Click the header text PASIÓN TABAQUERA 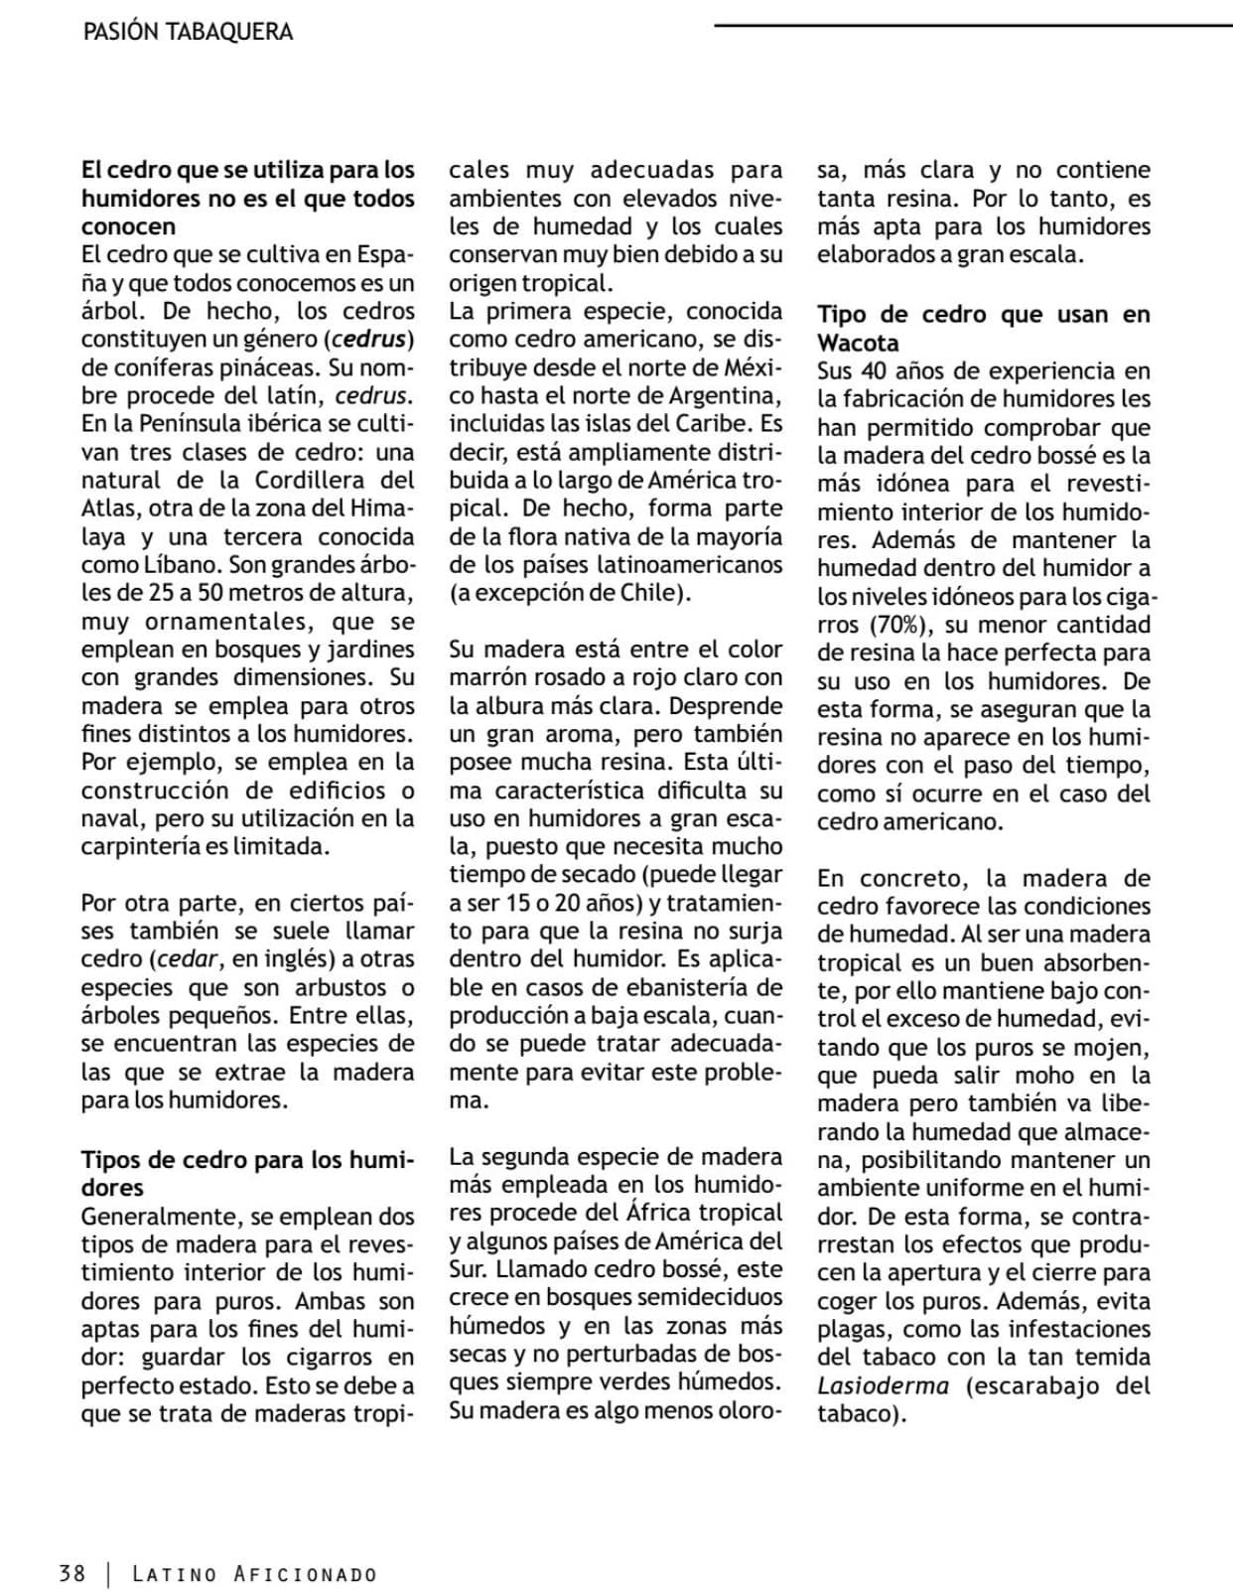188,32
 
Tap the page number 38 71,1573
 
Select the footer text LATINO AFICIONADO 254,1574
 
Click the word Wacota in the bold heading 858,343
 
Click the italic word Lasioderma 883,1385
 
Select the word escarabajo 1032,1385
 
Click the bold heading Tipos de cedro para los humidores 247,1173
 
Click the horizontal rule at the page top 973,24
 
